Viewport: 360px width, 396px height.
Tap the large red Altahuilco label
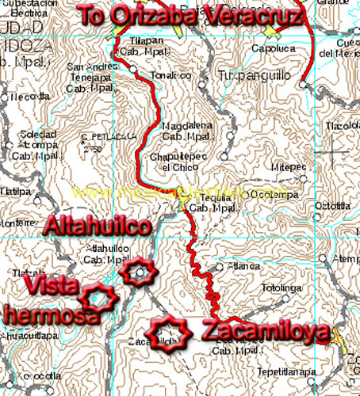pyautogui.click(x=98, y=226)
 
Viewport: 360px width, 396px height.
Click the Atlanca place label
pyautogui.click(x=243, y=266)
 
